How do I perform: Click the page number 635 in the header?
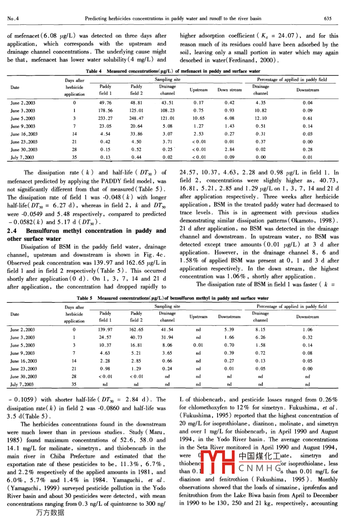(x=328, y=18)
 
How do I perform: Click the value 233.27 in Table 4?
(x=105, y=118)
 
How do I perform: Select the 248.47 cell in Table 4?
(x=136, y=118)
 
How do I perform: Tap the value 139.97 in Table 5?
(x=105, y=330)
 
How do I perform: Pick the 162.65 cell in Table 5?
(x=136, y=330)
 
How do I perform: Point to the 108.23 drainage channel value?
(x=167, y=111)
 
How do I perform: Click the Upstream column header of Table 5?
(x=198, y=317)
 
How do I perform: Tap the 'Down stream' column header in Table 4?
(x=229, y=90)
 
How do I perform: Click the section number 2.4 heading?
(x=14, y=231)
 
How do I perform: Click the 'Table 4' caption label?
(x=94, y=71)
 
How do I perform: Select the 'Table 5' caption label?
(x=85, y=298)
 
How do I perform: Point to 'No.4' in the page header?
(x=13, y=18)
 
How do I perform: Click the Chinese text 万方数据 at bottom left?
(x=50, y=513)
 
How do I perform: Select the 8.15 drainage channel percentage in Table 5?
(x=260, y=330)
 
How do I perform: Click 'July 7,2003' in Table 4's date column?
(x=22, y=157)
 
